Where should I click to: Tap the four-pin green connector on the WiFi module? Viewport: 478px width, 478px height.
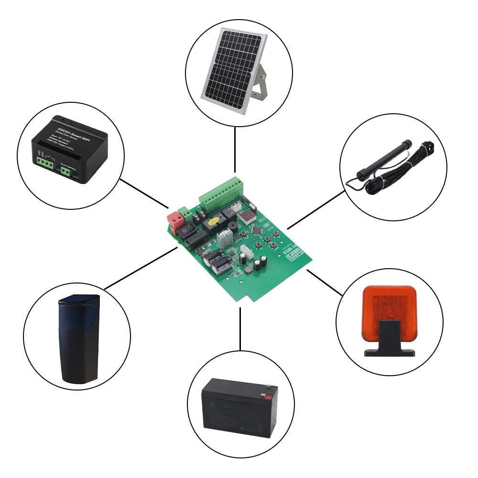[46, 163]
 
